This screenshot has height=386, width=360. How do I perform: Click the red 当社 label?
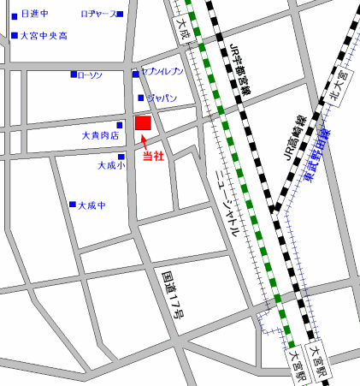[153, 156]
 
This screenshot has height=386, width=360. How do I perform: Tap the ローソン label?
[90, 75]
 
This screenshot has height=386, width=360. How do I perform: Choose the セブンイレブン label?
[161, 75]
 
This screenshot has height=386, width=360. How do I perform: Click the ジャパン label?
[161, 98]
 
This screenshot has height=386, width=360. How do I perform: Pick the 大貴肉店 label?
[100, 135]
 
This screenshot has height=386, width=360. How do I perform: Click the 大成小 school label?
[110, 165]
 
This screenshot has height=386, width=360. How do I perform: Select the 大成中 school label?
[91, 205]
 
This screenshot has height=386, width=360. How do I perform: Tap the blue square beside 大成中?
[73, 205]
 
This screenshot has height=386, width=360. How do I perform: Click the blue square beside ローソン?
[74, 75]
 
